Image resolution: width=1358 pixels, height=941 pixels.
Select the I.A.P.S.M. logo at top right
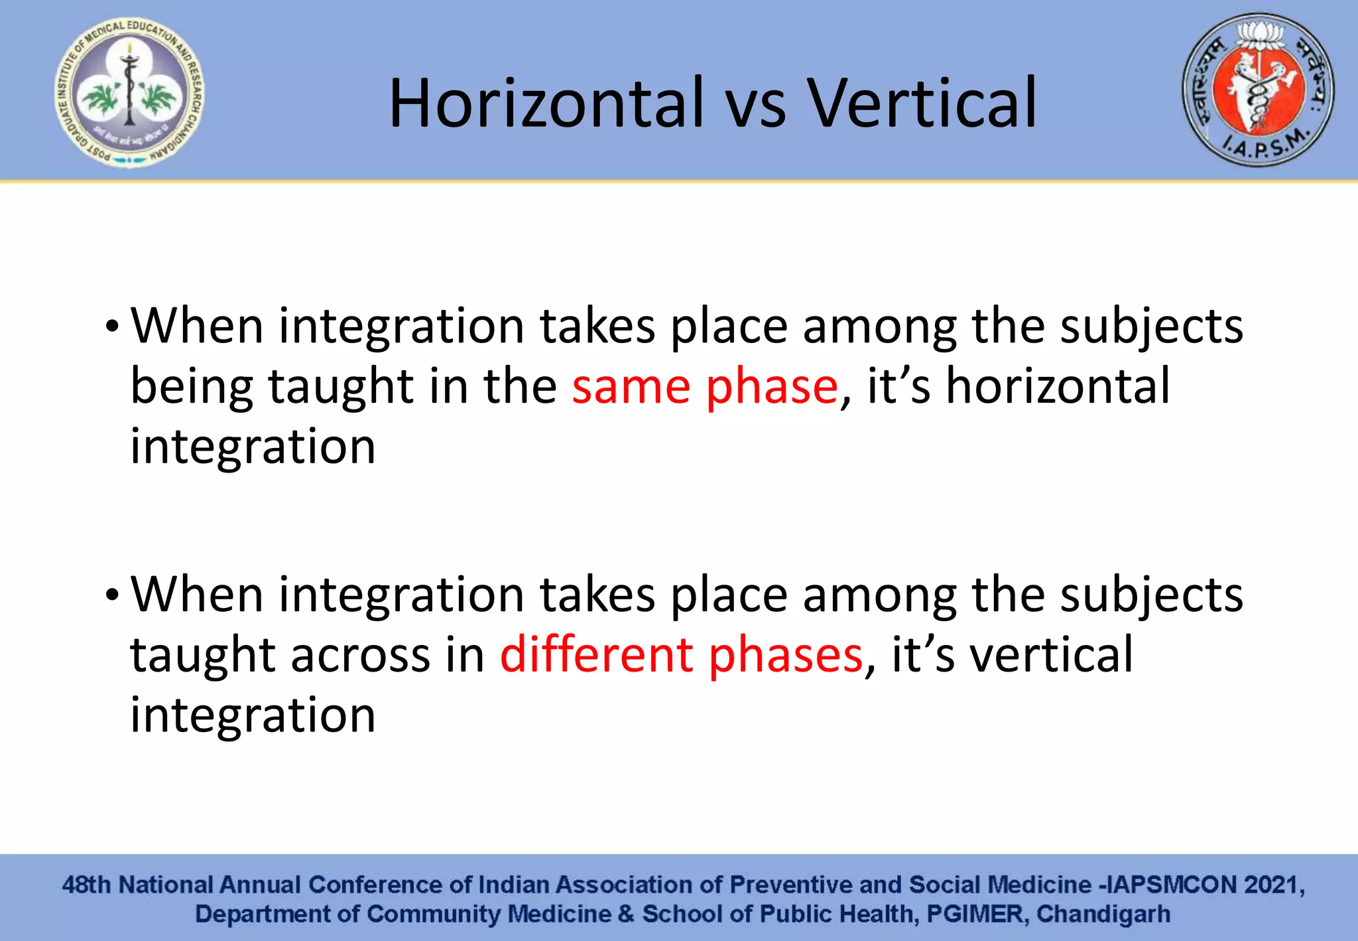click(x=1258, y=90)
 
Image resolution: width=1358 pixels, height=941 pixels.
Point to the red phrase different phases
click(x=681, y=655)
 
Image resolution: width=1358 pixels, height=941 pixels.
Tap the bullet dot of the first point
click(x=112, y=327)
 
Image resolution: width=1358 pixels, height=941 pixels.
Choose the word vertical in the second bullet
click(x=1051, y=655)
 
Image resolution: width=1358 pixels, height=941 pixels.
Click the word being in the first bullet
click(x=192, y=388)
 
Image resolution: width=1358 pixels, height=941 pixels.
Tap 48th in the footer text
click(x=86, y=885)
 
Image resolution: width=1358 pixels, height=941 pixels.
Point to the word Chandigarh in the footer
click(x=1103, y=914)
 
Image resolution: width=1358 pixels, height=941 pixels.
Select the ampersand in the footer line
click(x=625, y=914)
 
